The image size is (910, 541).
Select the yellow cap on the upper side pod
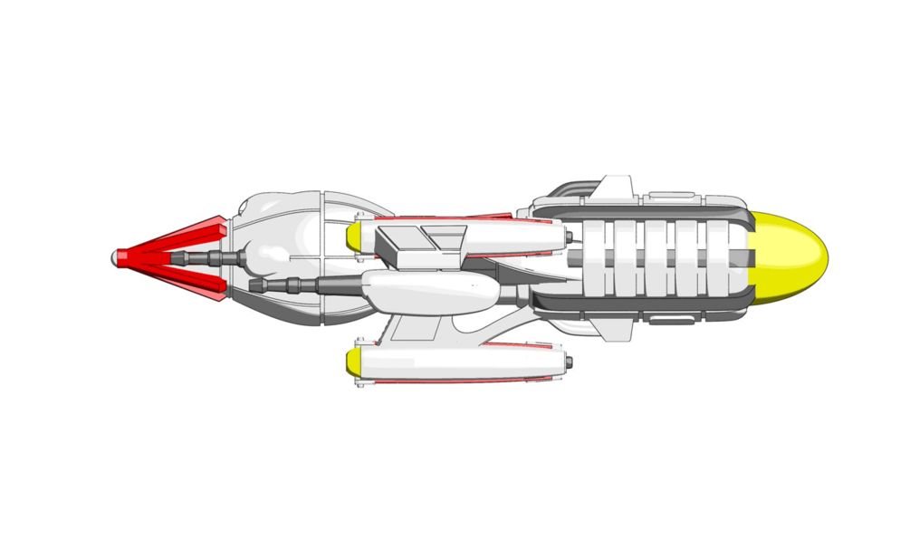pos(355,236)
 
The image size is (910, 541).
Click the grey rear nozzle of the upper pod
pos(568,237)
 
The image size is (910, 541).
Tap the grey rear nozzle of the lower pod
pos(568,362)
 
